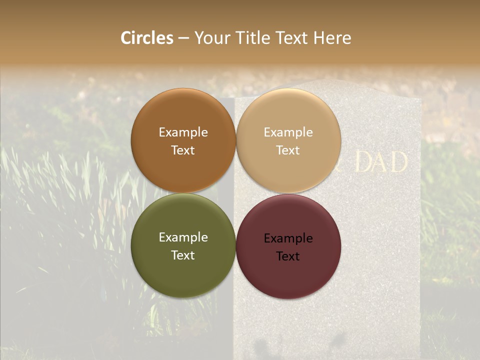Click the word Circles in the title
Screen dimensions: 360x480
147,38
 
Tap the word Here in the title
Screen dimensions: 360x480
332,38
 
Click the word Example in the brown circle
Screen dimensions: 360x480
183,132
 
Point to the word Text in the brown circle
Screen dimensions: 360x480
183,150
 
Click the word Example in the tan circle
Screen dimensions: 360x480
288,132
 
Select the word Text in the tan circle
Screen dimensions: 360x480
288,150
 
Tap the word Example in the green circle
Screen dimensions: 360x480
183,237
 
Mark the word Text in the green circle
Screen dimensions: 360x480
183,255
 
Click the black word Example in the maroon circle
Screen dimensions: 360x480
288,238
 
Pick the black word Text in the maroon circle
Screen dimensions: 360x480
288,256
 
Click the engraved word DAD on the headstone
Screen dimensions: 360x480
381,162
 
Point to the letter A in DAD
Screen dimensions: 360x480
381,162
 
